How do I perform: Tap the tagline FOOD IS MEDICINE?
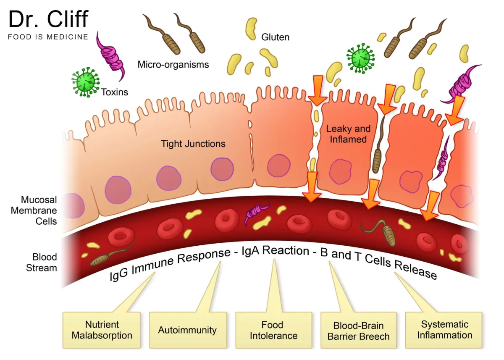(x=48, y=37)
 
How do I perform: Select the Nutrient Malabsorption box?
(x=102, y=330)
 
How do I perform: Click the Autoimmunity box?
(x=187, y=330)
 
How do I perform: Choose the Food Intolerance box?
(x=273, y=330)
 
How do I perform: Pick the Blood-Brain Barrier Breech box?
(x=358, y=331)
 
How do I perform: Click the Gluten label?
(x=275, y=37)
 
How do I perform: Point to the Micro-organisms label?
(x=173, y=65)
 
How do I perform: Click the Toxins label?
(x=114, y=92)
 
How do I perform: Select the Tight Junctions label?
(x=193, y=144)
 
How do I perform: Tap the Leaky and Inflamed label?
(x=348, y=134)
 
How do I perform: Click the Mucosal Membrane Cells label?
(x=34, y=210)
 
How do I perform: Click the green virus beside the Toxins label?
(x=85, y=82)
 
